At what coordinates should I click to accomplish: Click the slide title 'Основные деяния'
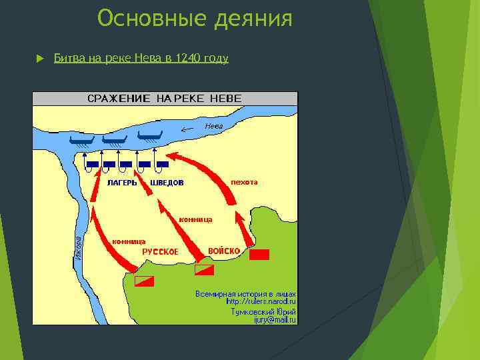coord(195,19)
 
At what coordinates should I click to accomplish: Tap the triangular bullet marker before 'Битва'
coord(39,59)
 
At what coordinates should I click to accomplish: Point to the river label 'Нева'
coord(213,125)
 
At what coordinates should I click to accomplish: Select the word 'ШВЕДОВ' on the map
coord(167,183)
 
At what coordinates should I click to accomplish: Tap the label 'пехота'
coord(243,181)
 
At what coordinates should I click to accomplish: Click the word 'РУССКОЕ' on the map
coord(160,252)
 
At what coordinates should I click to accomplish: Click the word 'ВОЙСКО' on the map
coord(224,251)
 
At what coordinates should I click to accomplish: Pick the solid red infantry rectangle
coord(259,254)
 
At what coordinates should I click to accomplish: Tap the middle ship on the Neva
coord(114,139)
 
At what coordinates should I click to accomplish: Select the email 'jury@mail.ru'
coord(274,319)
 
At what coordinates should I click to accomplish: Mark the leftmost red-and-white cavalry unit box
coord(144,281)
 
